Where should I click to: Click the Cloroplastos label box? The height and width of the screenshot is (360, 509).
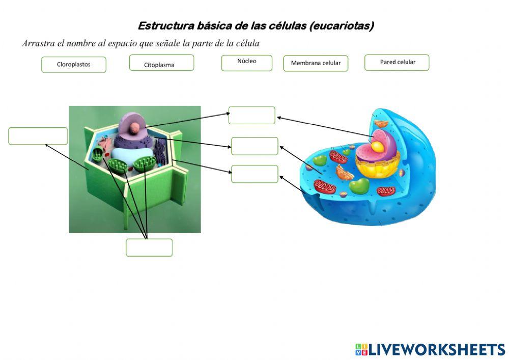(x=74, y=65)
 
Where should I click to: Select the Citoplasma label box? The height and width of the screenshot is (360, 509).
(x=161, y=63)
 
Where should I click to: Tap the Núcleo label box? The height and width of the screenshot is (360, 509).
(x=247, y=63)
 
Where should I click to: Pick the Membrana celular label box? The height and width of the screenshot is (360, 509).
(x=316, y=63)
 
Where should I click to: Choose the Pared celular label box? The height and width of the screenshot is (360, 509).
(x=397, y=62)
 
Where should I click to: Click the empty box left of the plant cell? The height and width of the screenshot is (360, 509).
(x=38, y=136)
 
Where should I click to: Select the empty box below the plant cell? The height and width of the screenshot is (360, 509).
(x=149, y=247)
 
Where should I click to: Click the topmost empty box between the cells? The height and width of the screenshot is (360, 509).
(x=252, y=115)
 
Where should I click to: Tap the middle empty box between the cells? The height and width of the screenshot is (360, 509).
(x=254, y=146)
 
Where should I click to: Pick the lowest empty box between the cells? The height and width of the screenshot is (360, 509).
(x=254, y=174)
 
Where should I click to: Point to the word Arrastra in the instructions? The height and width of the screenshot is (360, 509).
(x=38, y=44)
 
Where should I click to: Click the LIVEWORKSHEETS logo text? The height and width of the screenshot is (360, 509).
(x=437, y=349)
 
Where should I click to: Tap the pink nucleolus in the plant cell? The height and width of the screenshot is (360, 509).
(x=134, y=128)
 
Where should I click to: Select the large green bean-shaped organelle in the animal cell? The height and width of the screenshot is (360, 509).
(x=360, y=186)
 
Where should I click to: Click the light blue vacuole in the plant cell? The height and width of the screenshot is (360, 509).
(x=131, y=155)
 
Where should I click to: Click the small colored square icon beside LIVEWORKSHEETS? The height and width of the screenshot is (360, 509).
(x=361, y=349)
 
